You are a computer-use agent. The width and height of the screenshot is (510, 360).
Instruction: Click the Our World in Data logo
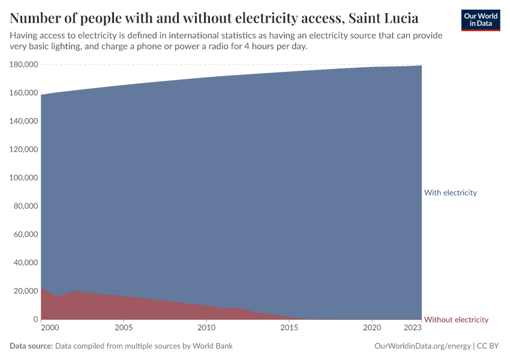(480, 20)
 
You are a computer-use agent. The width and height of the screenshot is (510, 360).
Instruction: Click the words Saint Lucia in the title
(382, 17)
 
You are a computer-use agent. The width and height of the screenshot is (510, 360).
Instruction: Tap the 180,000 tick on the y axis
(24, 64)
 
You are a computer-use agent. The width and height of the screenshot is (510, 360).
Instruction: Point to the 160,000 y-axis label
(24, 93)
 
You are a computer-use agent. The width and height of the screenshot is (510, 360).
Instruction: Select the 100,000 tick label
(24, 178)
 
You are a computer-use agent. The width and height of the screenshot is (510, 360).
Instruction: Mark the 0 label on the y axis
(35, 319)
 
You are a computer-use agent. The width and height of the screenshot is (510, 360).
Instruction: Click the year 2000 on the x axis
(50, 328)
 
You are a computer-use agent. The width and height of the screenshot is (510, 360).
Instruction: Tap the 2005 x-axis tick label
(123, 328)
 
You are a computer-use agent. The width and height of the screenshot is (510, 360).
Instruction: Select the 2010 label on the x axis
(206, 328)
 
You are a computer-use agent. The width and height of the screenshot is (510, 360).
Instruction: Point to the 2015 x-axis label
(289, 328)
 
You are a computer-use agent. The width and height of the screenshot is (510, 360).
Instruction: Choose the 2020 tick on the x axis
(372, 328)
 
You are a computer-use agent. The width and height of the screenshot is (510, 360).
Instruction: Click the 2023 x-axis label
(413, 328)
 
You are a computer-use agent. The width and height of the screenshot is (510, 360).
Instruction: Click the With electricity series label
(450, 193)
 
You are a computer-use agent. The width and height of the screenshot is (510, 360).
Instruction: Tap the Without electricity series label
(456, 320)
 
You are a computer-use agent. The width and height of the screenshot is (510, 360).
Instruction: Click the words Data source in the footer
(31, 346)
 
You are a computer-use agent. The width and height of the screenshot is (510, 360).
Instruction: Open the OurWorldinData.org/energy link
(422, 346)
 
